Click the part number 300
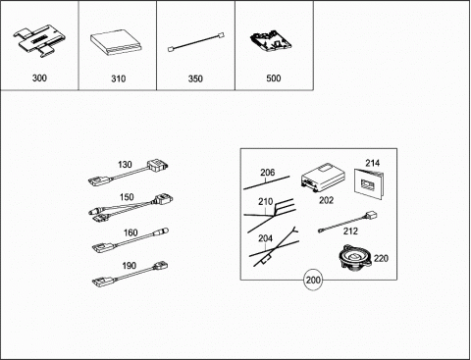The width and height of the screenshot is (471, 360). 39,78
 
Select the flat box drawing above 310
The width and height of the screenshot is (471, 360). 117,43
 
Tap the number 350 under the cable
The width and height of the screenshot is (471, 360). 195,78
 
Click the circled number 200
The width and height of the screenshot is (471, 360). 313,281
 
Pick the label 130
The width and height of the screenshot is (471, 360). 125,165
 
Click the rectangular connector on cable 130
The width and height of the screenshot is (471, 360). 157,165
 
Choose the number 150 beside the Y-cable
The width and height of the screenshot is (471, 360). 127,197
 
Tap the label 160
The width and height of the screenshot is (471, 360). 131,232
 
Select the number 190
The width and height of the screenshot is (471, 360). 130,266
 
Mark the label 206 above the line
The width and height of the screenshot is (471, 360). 268,173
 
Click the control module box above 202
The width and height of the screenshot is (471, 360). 324,179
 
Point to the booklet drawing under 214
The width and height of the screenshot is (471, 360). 370,183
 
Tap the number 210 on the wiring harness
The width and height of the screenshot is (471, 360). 266,202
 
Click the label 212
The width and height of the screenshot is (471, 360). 350,231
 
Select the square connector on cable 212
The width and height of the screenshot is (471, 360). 371,216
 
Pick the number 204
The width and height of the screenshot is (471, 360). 265,238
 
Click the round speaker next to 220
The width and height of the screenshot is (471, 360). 355,258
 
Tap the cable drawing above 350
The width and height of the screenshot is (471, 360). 195,42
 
